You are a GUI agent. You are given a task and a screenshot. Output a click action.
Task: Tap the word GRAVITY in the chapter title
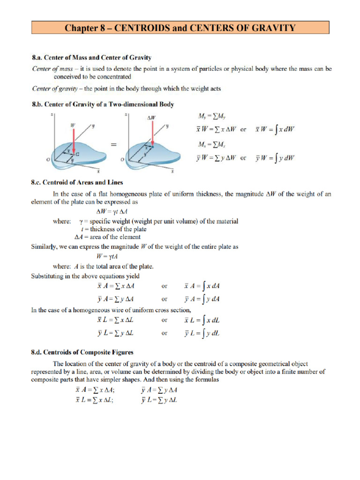tap(273, 28)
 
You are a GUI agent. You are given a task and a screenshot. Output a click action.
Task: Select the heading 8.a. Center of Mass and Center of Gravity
tap(91, 58)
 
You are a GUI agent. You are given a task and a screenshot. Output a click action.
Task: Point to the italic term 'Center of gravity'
tap(51, 88)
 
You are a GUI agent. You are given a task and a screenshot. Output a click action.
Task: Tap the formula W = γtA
tap(107, 256)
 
